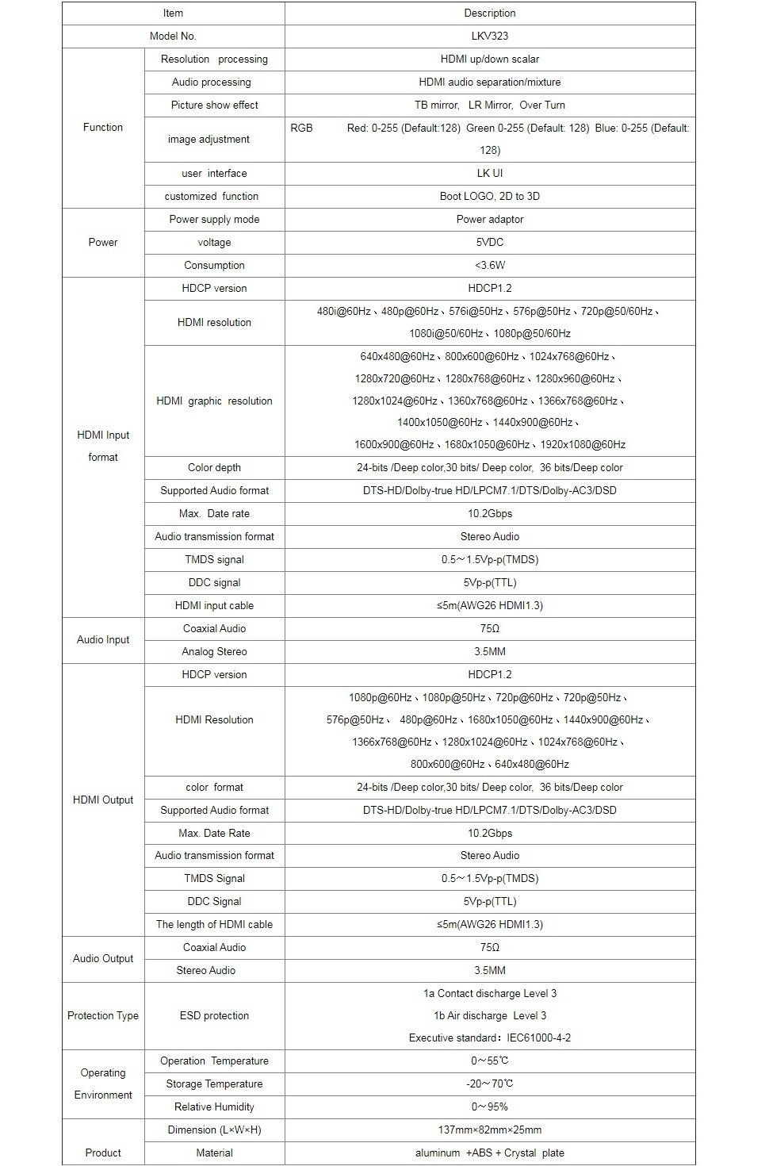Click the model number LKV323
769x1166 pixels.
pos(489,36)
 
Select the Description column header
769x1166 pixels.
pos(489,13)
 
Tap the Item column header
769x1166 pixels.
pos(173,13)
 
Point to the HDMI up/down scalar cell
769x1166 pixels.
pos(489,59)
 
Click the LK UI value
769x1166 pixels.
pos(489,174)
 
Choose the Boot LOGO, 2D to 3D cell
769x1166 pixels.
pos(489,197)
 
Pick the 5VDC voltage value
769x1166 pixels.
pos(489,243)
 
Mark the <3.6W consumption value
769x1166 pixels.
pos(489,266)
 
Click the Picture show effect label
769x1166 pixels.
pos(214,105)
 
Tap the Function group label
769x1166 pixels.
pos(103,128)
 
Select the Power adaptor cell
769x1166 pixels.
pos(489,220)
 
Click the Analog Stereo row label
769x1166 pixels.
pos(214,652)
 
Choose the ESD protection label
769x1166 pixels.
pos(214,1016)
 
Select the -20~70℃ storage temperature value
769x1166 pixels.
pos(489,1084)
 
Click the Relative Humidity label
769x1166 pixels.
pos(214,1107)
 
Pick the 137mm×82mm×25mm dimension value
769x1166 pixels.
pos(489,1130)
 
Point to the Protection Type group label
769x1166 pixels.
pos(103,1016)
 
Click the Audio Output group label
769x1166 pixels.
pos(103,959)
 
